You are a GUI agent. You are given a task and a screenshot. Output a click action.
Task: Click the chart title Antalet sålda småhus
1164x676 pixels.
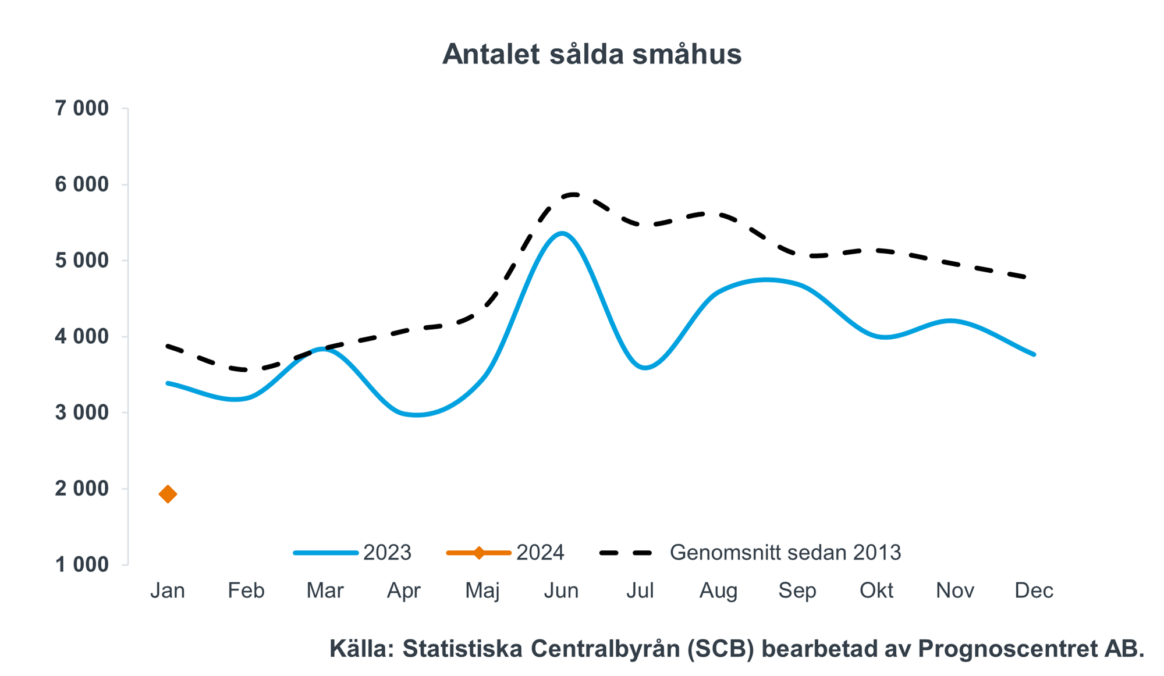pos(591,54)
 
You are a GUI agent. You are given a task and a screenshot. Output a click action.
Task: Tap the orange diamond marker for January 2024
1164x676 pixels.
pos(168,494)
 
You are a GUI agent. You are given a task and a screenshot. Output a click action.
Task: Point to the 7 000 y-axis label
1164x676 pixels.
pos(82,108)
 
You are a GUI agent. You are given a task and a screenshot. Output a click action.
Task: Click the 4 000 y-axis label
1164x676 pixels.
pos(82,336)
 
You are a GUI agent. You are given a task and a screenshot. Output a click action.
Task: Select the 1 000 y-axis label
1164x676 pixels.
pos(82,564)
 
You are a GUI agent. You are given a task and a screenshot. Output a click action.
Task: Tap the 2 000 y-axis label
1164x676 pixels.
pos(82,489)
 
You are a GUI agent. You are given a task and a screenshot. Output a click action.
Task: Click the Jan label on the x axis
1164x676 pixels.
pos(168,590)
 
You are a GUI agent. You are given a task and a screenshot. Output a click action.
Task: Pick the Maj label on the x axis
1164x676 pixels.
pos(482,590)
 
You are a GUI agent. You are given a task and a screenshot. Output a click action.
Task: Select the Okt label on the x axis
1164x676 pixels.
pos(876,590)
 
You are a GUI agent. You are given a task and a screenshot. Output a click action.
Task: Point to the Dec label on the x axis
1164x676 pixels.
pos(1034,590)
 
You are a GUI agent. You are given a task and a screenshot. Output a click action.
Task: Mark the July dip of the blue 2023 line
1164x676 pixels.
pos(645,368)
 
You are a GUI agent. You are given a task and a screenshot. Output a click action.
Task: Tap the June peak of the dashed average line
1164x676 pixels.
pos(573,194)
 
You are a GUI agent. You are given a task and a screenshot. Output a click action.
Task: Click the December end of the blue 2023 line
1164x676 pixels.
pos(1034,354)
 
